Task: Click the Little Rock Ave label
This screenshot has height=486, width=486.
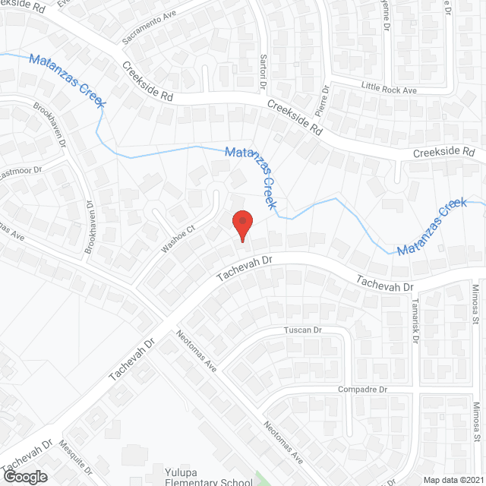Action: pos(390,89)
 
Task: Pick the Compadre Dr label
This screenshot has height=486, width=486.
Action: pos(361,389)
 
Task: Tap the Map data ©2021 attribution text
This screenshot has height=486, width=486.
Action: pos(453,480)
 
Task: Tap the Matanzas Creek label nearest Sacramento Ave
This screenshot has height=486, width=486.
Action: pos(67,80)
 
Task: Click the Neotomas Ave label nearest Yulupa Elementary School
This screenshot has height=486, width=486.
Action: pos(283,443)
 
